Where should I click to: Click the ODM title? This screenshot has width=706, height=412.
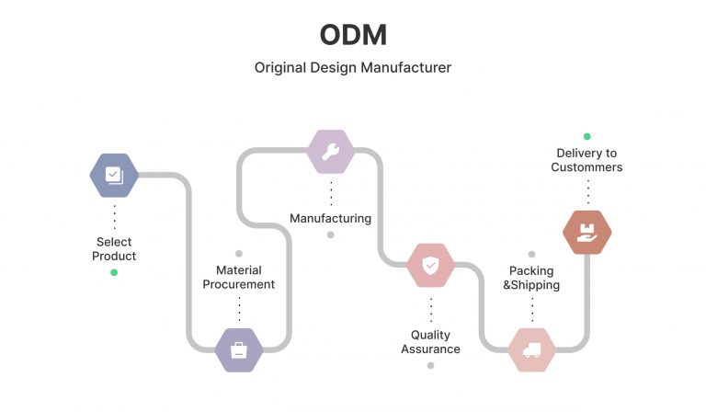(x=353, y=35)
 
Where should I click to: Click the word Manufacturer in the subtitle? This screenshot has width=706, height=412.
(x=406, y=68)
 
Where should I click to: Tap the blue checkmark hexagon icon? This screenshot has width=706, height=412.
(x=114, y=175)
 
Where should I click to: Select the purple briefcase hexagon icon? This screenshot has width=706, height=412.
(x=239, y=349)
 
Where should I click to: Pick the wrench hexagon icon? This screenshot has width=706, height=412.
(x=330, y=152)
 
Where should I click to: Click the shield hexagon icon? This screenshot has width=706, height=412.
(x=430, y=266)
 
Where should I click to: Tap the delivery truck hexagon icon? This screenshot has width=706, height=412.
(x=531, y=349)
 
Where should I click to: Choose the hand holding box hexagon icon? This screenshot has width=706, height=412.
(x=586, y=232)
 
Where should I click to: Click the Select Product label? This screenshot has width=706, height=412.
(x=114, y=249)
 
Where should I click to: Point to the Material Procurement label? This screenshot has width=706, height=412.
(x=239, y=277)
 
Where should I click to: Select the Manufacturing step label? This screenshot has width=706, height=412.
(x=330, y=219)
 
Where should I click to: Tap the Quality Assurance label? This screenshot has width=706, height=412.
(x=430, y=342)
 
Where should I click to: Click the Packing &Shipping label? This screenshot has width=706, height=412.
(x=531, y=278)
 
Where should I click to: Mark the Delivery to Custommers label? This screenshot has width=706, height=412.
(x=586, y=160)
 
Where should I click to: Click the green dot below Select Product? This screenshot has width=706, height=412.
(x=114, y=272)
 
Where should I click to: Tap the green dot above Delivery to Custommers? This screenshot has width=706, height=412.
(x=586, y=136)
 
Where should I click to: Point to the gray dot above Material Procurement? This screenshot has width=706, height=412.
(x=239, y=253)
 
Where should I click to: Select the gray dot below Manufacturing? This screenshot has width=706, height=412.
(x=331, y=235)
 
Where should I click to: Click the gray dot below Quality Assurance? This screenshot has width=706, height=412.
(x=430, y=365)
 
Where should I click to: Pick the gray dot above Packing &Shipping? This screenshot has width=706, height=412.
(x=531, y=254)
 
